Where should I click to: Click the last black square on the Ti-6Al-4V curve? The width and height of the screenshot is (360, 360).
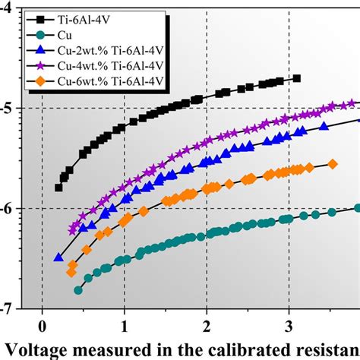[296, 78]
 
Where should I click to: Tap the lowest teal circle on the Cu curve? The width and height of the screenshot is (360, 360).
[77, 290]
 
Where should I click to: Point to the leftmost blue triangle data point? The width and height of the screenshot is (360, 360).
[58, 257]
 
